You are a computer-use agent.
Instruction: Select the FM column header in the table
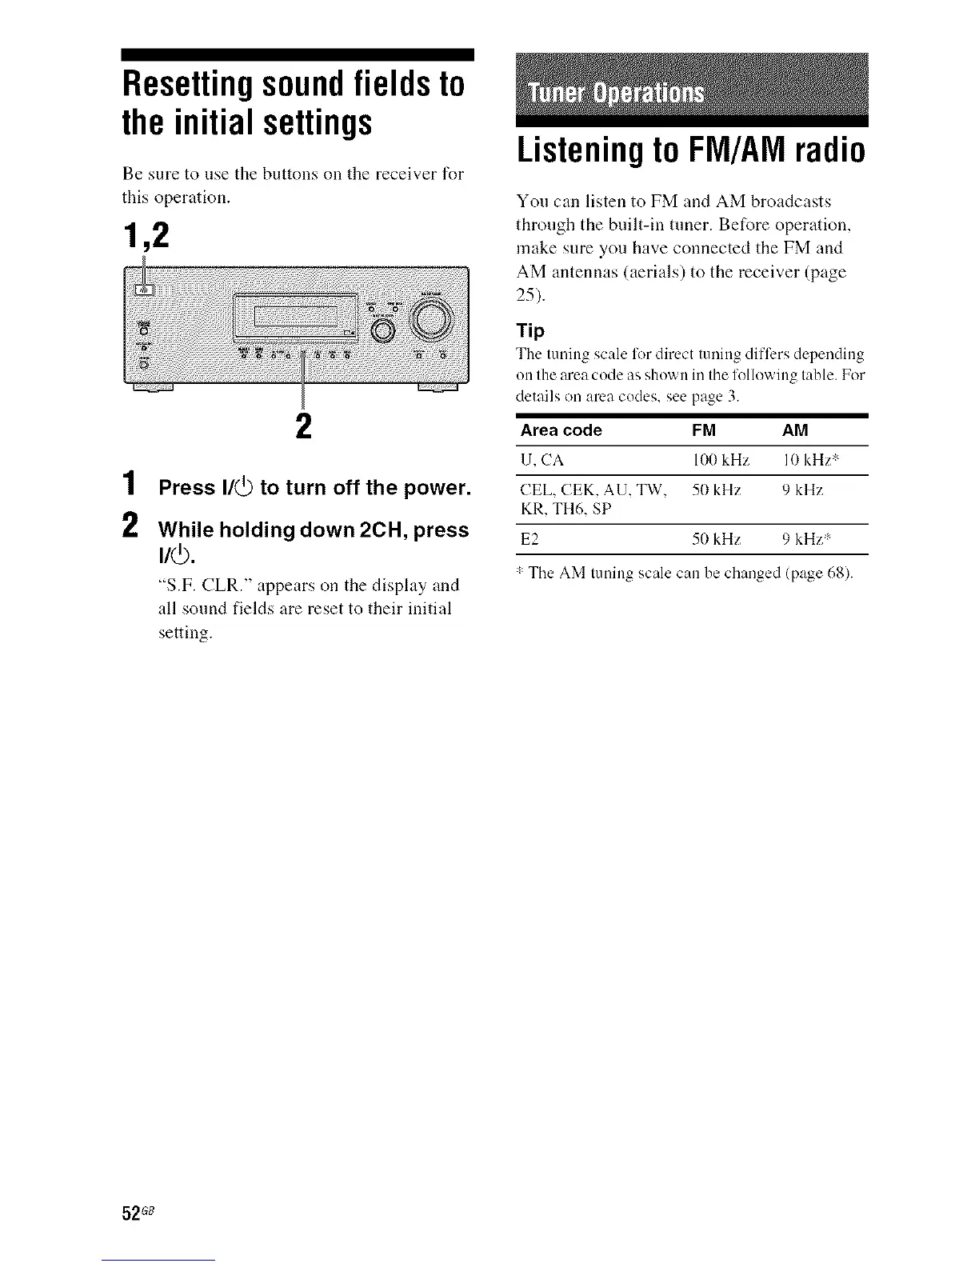(704, 431)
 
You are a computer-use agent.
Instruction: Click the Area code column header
(561, 431)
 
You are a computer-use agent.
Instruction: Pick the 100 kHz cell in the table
(720, 461)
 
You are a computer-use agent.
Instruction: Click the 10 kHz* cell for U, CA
(809, 461)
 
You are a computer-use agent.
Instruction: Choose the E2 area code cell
(529, 539)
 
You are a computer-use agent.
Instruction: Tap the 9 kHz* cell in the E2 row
(806, 539)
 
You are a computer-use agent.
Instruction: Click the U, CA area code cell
(542, 461)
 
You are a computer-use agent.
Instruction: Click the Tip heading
(531, 331)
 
